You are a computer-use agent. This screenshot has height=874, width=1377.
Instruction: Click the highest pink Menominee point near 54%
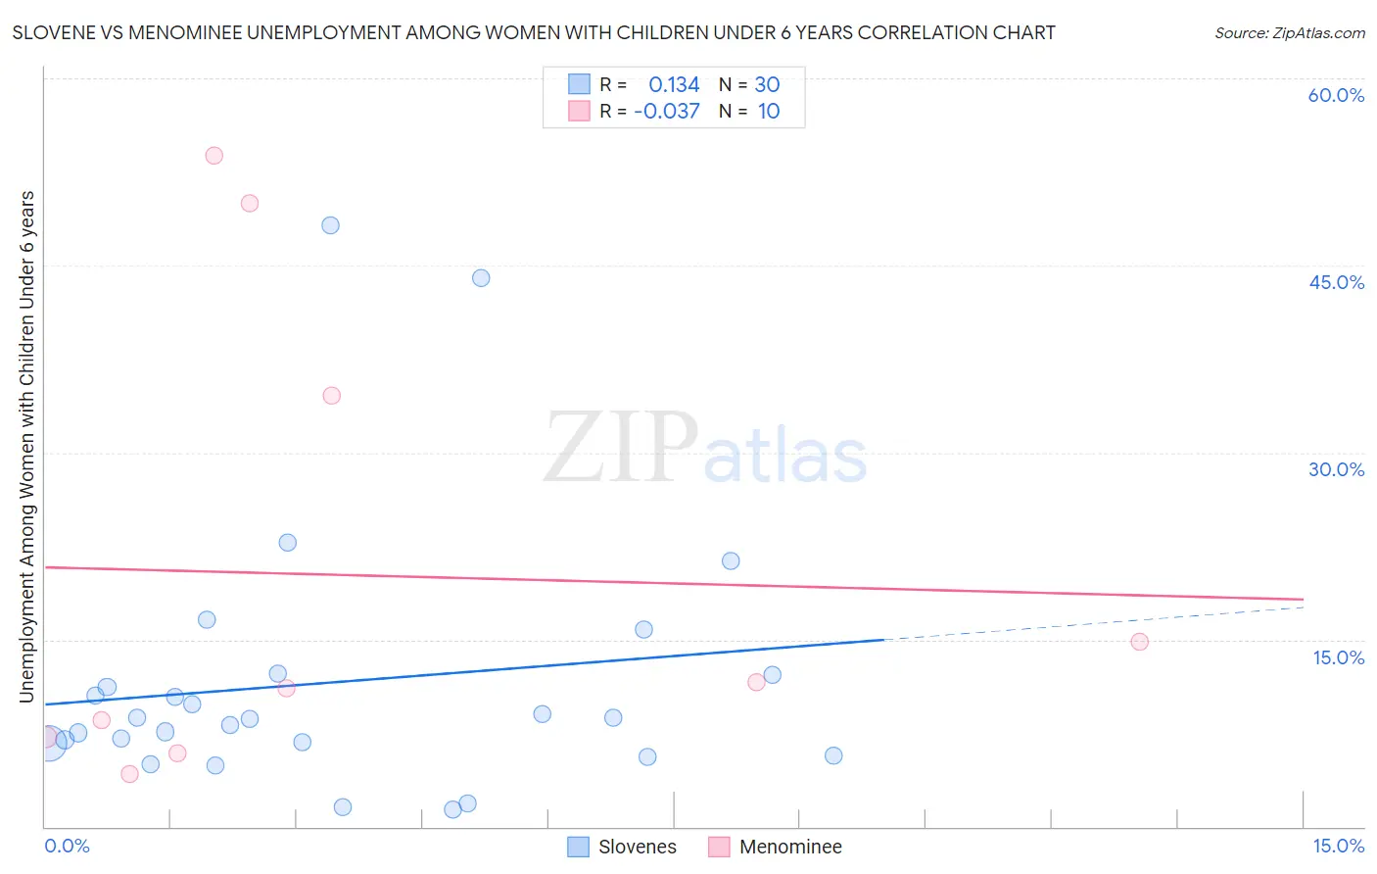pyautogui.click(x=214, y=156)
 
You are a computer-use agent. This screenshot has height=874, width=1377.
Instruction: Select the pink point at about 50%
pyautogui.click(x=250, y=204)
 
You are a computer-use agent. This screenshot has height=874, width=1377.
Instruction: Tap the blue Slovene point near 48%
pyautogui.click(x=330, y=225)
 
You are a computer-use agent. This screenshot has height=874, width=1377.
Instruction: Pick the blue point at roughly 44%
pyautogui.click(x=481, y=278)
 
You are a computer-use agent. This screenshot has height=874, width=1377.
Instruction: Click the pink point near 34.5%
pyautogui.click(x=331, y=396)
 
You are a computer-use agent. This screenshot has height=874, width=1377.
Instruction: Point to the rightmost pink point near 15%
pyautogui.click(x=1139, y=642)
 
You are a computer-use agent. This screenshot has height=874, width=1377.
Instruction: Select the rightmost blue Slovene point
pyautogui.click(x=833, y=755)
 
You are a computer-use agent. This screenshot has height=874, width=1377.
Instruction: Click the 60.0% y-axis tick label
pyautogui.click(x=1336, y=95)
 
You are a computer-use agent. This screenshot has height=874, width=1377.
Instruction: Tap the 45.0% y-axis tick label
pyautogui.click(x=1336, y=282)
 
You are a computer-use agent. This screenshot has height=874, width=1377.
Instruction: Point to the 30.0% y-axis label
pyautogui.click(x=1336, y=469)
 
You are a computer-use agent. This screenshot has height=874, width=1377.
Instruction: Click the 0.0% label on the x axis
pyautogui.click(x=67, y=846)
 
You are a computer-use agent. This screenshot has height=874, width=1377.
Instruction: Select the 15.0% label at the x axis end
pyautogui.click(x=1338, y=846)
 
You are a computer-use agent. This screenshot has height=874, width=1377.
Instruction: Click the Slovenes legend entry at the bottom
pyautogui.click(x=637, y=847)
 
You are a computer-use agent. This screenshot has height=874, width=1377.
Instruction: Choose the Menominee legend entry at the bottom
pyautogui.click(x=789, y=847)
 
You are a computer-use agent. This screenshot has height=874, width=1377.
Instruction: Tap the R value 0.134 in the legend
pyautogui.click(x=674, y=85)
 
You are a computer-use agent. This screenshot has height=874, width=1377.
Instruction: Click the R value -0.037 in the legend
pyautogui.click(x=667, y=112)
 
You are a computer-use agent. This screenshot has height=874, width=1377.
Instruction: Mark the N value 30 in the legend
pyautogui.click(x=767, y=85)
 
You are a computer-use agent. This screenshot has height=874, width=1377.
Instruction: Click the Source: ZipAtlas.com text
pyautogui.click(x=1289, y=33)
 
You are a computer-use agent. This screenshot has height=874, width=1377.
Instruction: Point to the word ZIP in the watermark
pyautogui.click(x=620, y=448)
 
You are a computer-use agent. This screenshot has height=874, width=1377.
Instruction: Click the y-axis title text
pyautogui.click(x=27, y=446)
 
